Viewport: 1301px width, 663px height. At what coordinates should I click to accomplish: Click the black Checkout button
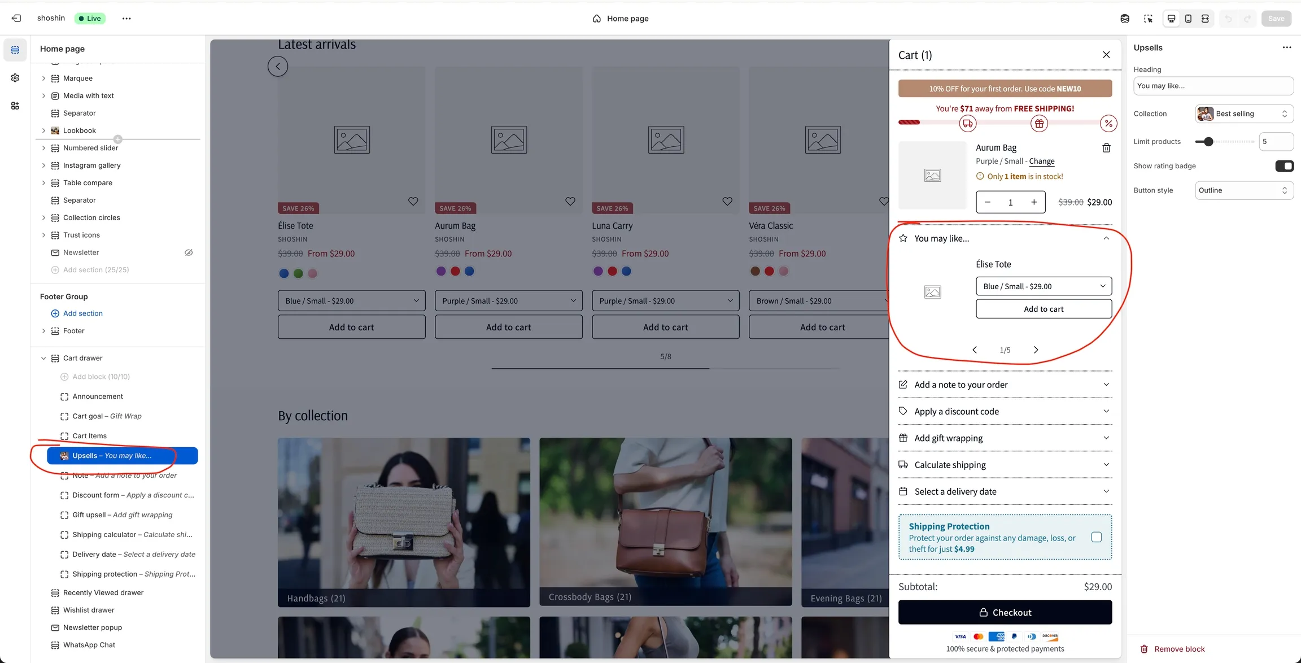[1005, 612]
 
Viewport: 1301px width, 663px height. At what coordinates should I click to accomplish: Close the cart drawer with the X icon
[1106, 55]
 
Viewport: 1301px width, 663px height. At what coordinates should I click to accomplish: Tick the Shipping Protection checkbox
[1096, 537]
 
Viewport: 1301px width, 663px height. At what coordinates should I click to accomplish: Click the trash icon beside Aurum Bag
[1106, 148]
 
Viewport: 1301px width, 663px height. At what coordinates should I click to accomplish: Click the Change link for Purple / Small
[1041, 161]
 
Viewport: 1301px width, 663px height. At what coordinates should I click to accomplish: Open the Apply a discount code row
[1005, 411]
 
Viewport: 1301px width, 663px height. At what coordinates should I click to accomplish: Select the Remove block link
[1179, 649]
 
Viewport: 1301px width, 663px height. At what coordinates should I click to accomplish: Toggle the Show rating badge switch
[1283, 166]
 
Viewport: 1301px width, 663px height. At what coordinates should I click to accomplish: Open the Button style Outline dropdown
[1243, 190]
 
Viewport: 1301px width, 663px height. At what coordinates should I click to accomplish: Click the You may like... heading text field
[1213, 86]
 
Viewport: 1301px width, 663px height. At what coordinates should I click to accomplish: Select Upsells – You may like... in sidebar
[122, 456]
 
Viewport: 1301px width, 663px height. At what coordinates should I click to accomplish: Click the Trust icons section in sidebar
[81, 235]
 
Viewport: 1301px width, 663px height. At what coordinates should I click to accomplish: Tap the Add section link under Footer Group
[82, 313]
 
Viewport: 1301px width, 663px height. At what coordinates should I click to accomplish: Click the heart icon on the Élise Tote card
[413, 202]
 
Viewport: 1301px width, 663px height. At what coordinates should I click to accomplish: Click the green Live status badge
[90, 19]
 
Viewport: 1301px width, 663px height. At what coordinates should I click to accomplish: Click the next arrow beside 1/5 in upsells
[1036, 350]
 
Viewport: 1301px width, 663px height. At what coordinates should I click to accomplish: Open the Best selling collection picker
[1243, 114]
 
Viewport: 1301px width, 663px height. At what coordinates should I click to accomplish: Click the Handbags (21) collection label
[316, 598]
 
